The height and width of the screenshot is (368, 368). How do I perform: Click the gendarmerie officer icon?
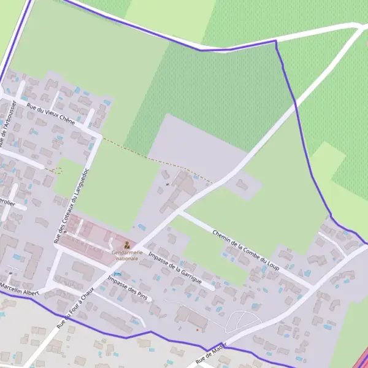(127, 245)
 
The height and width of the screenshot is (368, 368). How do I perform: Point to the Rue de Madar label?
(207, 354)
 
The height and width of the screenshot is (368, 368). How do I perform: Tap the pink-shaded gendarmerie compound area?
(92, 236)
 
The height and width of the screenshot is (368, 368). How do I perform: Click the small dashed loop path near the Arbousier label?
(56, 170)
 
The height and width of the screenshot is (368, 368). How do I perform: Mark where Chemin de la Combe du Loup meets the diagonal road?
(180, 213)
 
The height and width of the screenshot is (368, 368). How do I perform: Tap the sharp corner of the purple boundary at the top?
(276, 41)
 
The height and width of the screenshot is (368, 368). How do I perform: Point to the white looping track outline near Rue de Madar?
(242, 320)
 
